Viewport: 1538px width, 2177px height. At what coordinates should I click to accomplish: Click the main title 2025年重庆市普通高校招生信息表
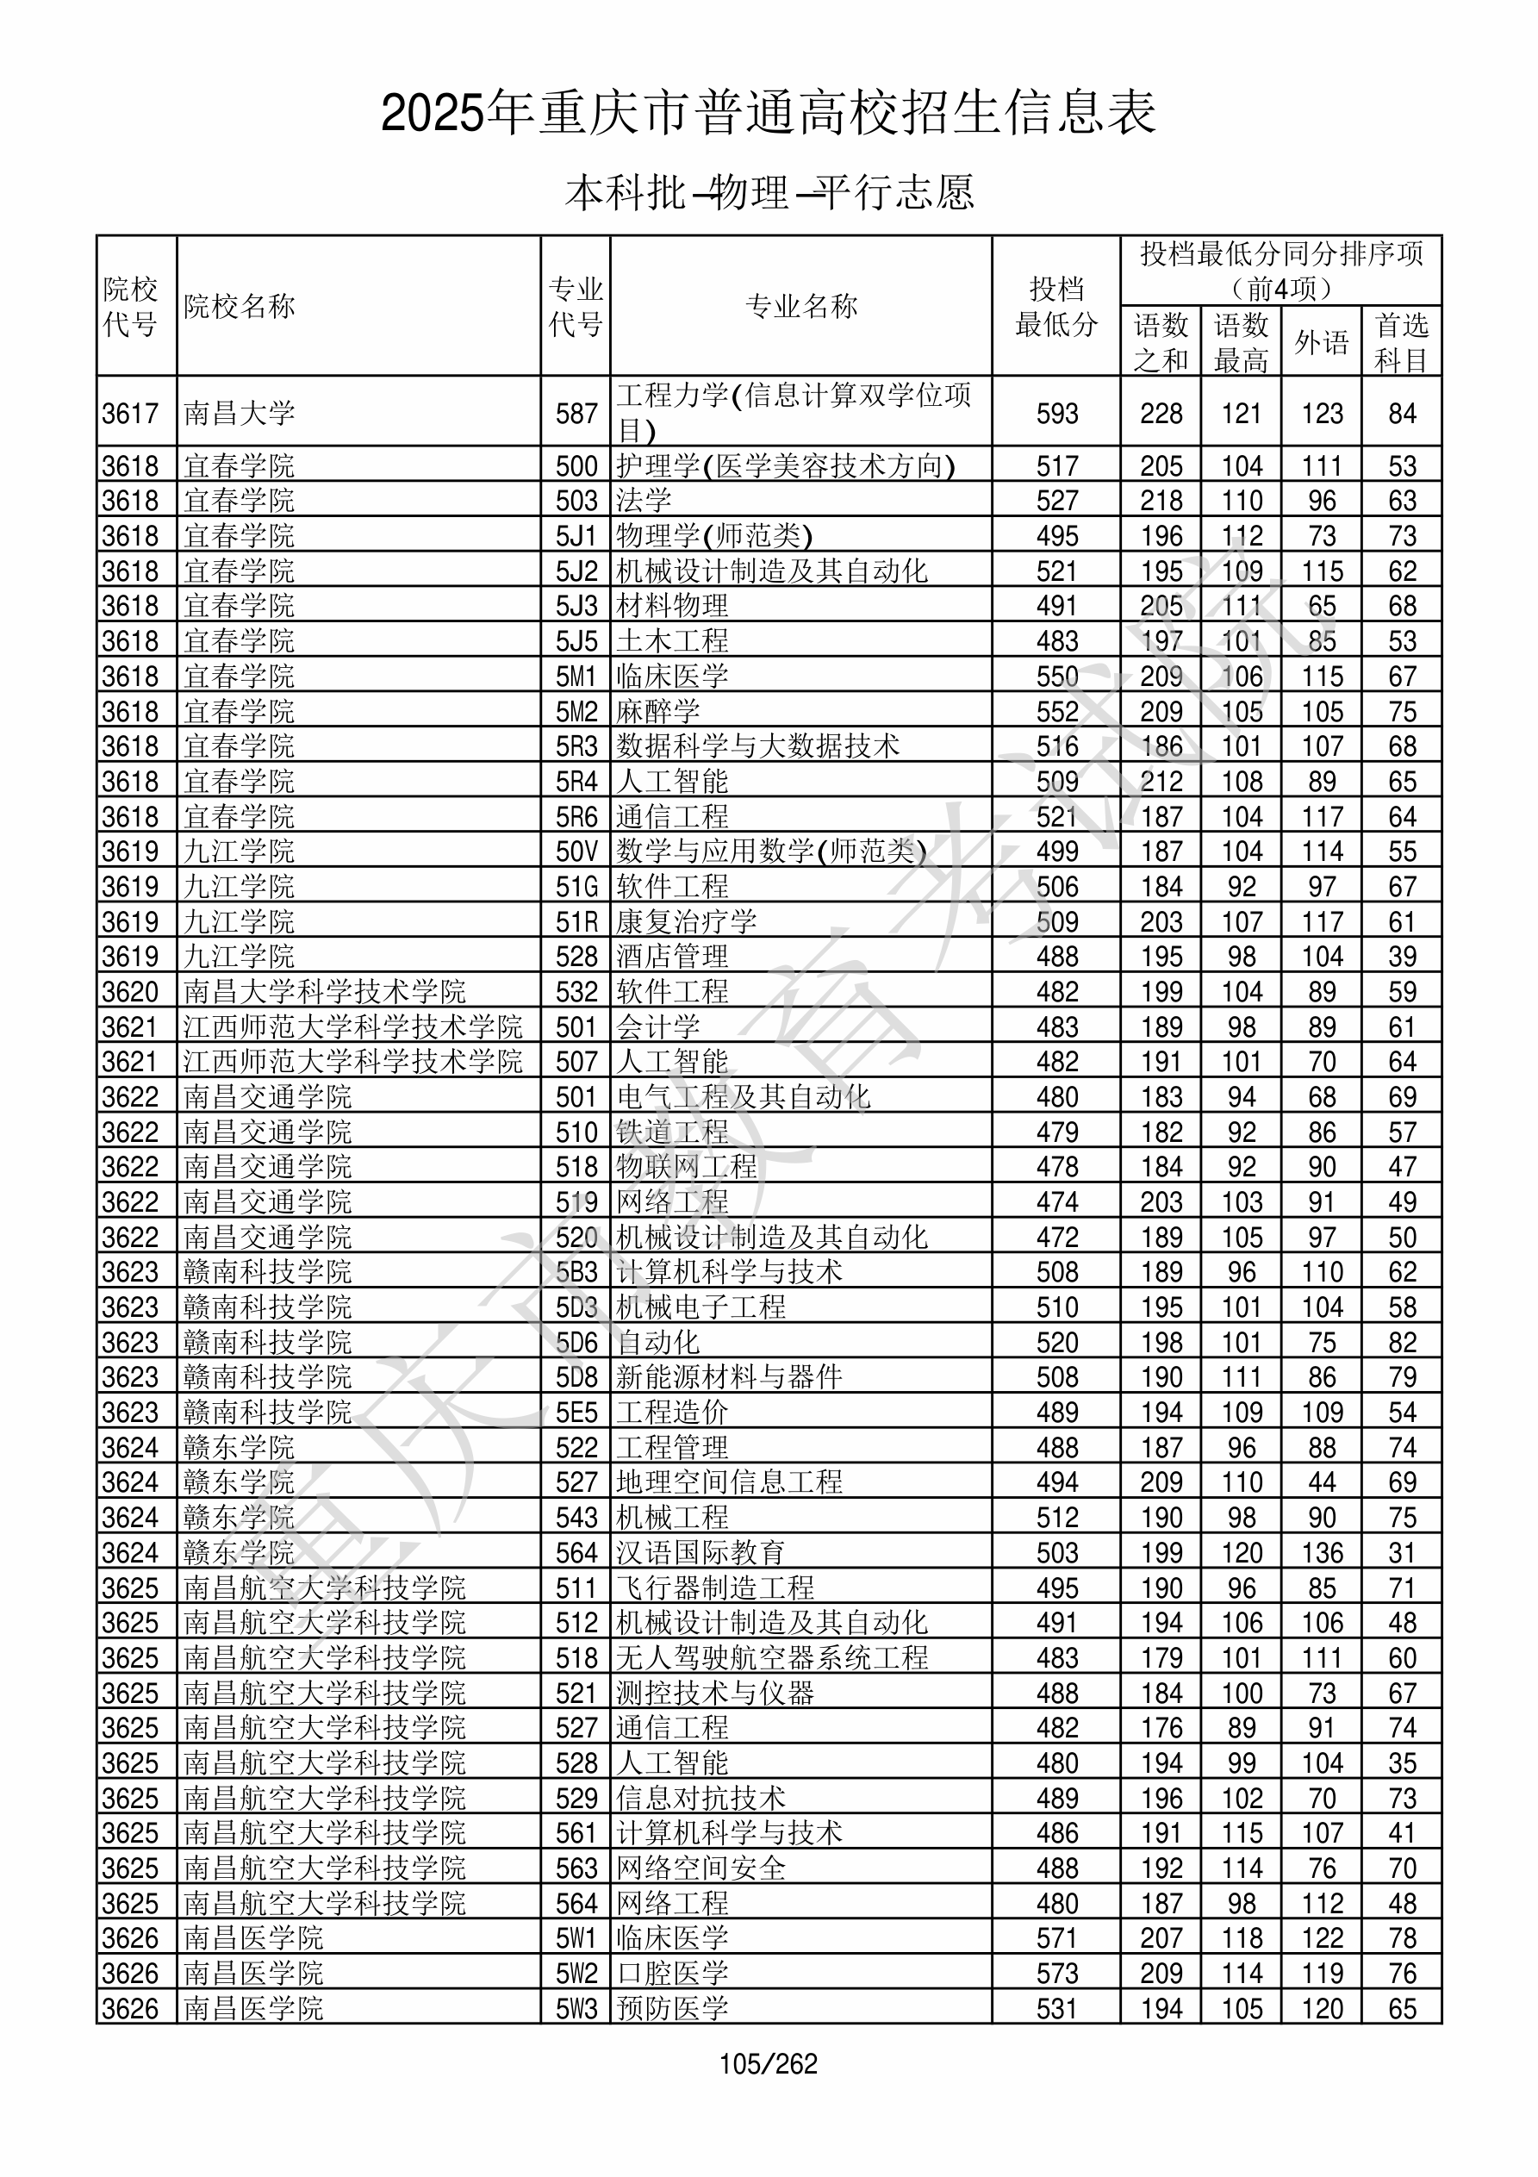tap(768, 114)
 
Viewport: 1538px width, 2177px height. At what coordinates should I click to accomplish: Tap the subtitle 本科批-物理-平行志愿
tap(768, 192)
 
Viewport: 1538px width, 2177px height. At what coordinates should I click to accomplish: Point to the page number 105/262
tap(768, 2063)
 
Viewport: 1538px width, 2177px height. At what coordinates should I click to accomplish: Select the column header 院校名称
tap(240, 306)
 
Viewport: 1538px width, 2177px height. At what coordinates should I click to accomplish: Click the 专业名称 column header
tap(801, 306)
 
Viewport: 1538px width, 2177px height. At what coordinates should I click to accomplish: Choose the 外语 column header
tap(1321, 342)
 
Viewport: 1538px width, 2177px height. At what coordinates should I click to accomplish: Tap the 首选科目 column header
tap(1402, 342)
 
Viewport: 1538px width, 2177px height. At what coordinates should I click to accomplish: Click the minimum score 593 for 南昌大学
tap(1056, 414)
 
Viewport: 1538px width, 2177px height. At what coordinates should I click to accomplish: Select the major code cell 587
tap(576, 414)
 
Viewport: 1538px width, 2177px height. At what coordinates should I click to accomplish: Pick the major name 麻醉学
tap(658, 711)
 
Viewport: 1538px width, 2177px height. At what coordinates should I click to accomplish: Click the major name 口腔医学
tap(672, 1973)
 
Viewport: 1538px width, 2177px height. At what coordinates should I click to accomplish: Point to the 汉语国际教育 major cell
tap(701, 1553)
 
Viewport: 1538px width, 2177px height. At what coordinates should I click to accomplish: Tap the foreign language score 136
tap(1322, 1553)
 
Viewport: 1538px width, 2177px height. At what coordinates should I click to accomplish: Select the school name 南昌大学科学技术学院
tap(324, 992)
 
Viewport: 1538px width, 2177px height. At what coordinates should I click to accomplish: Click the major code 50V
tap(576, 851)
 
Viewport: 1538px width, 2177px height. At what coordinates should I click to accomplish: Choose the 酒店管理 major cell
tap(672, 957)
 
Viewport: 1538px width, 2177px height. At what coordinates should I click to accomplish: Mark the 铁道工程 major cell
tap(672, 1132)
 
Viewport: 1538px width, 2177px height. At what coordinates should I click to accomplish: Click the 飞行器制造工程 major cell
tap(715, 1588)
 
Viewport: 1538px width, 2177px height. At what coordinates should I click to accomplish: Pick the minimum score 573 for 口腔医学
tap(1056, 1973)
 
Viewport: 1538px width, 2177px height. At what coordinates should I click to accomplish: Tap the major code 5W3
tap(576, 2008)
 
